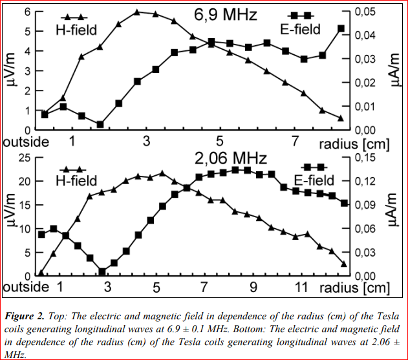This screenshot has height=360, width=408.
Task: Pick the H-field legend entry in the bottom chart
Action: pos(76,180)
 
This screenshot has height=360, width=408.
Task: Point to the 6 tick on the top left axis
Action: pos(27,12)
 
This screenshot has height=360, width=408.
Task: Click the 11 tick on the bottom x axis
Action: pos(301,286)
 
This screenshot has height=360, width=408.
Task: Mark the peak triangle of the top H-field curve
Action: pos(137,12)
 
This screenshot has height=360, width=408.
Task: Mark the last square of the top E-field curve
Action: pos(341,28)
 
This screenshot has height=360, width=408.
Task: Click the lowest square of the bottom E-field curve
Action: pos(102,271)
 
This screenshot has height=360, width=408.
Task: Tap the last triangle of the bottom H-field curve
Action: pos(343,264)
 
